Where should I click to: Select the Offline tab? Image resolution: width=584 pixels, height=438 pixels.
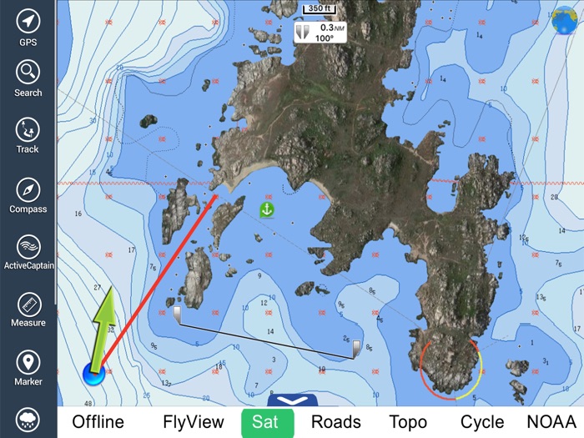pyautogui.click(x=98, y=422)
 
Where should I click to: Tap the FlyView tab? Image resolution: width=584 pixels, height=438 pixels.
pyautogui.click(x=194, y=422)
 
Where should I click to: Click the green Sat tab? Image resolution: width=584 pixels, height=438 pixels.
pyautogui.click(x=267, y=422)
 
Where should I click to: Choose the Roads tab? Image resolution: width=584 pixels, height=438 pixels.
pyautogui.click(x=335, y=422)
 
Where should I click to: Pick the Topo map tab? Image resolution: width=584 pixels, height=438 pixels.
pyautogui.click(x=408, y=422)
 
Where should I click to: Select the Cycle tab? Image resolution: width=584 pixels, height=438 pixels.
pyautogui.click(x=482, y=422)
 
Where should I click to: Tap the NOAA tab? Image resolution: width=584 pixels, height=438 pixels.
pyautogui.click(x=551, y=422)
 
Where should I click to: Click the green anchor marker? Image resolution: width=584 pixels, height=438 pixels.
pyautogui.click(x=267, y=209)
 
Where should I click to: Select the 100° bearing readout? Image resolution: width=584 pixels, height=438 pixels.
pyautogui.click(x=324, y=38)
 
